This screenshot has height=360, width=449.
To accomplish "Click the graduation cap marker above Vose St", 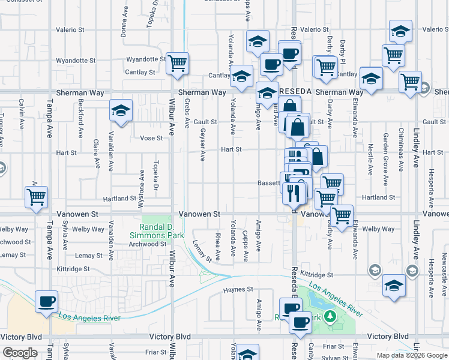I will [121, 111].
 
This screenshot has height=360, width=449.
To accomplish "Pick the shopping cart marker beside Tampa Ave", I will [37, 196].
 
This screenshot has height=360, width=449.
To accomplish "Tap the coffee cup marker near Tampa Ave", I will [46, 301].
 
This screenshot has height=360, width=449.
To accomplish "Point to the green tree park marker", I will [329, 316].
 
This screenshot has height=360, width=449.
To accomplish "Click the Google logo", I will [20, 353].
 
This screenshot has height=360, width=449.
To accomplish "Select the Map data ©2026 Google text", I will [412, 355].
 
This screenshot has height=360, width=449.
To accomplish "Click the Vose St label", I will [151, 138].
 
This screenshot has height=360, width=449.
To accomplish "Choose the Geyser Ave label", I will [203, 144].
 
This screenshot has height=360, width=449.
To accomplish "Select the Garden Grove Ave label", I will [385, 151].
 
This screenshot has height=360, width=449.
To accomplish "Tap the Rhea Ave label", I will [217, 243].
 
